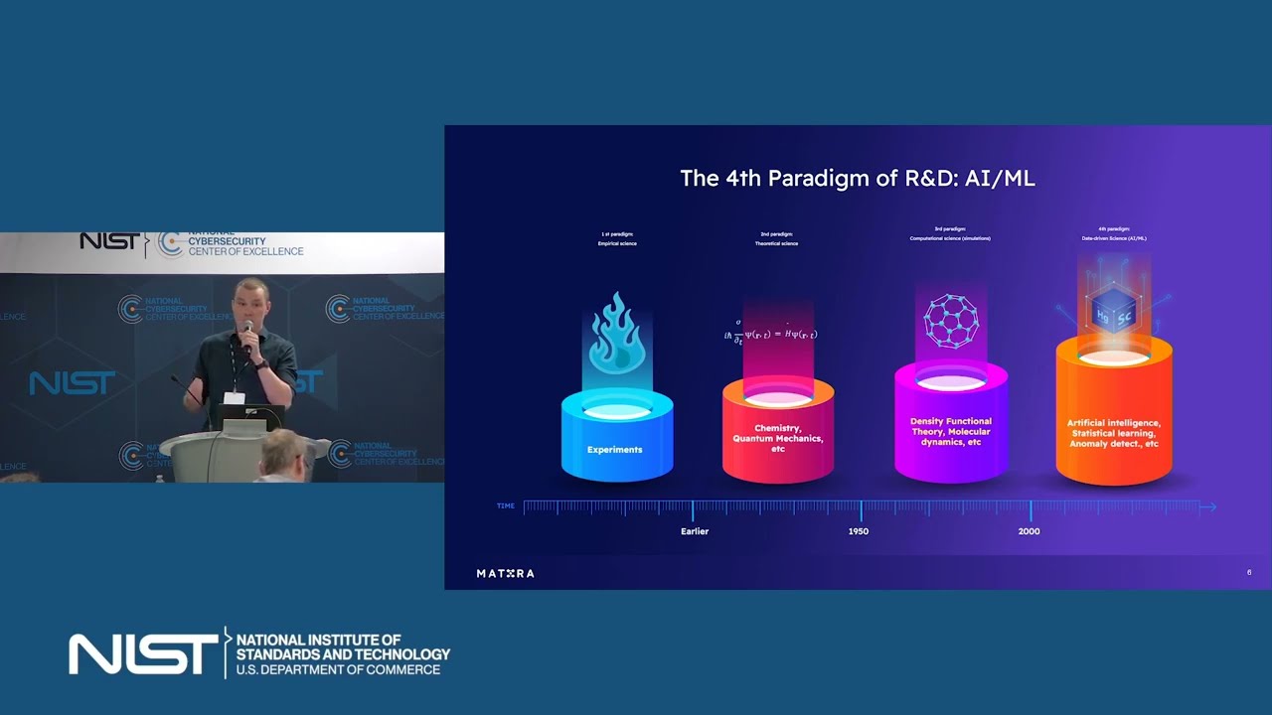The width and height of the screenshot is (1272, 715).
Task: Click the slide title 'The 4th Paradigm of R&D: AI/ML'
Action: [x=858, y=179]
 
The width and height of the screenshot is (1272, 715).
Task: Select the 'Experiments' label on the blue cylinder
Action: [x=614, y=450]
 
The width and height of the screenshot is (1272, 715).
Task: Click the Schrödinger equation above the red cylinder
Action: [x=771, y=335]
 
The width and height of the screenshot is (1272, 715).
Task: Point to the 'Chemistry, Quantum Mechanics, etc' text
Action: [x=778, y=438]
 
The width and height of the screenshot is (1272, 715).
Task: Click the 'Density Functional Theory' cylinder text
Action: [x=951, y=431]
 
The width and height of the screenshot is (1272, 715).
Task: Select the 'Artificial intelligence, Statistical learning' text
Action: [x=1114, y=433]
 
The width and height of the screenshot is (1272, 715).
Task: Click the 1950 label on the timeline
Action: [x=859, y=531]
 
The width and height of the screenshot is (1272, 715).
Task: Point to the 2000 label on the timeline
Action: [x=1029, y=531]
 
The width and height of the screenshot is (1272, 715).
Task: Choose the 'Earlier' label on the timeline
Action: [x=695, y=531]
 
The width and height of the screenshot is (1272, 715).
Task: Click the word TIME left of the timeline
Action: [x=506, y=506]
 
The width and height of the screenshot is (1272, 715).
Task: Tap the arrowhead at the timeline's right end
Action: [x=1208, y=507]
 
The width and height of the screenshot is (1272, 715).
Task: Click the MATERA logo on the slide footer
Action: [x=505, y=573]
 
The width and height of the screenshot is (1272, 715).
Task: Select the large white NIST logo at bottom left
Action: [x=142, y=653]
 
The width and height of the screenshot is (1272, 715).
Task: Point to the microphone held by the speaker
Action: [x=247, y=333]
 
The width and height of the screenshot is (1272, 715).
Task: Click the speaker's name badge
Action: [x=235, y=397]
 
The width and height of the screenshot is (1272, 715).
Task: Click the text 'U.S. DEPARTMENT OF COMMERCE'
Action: [x=338, y=670]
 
